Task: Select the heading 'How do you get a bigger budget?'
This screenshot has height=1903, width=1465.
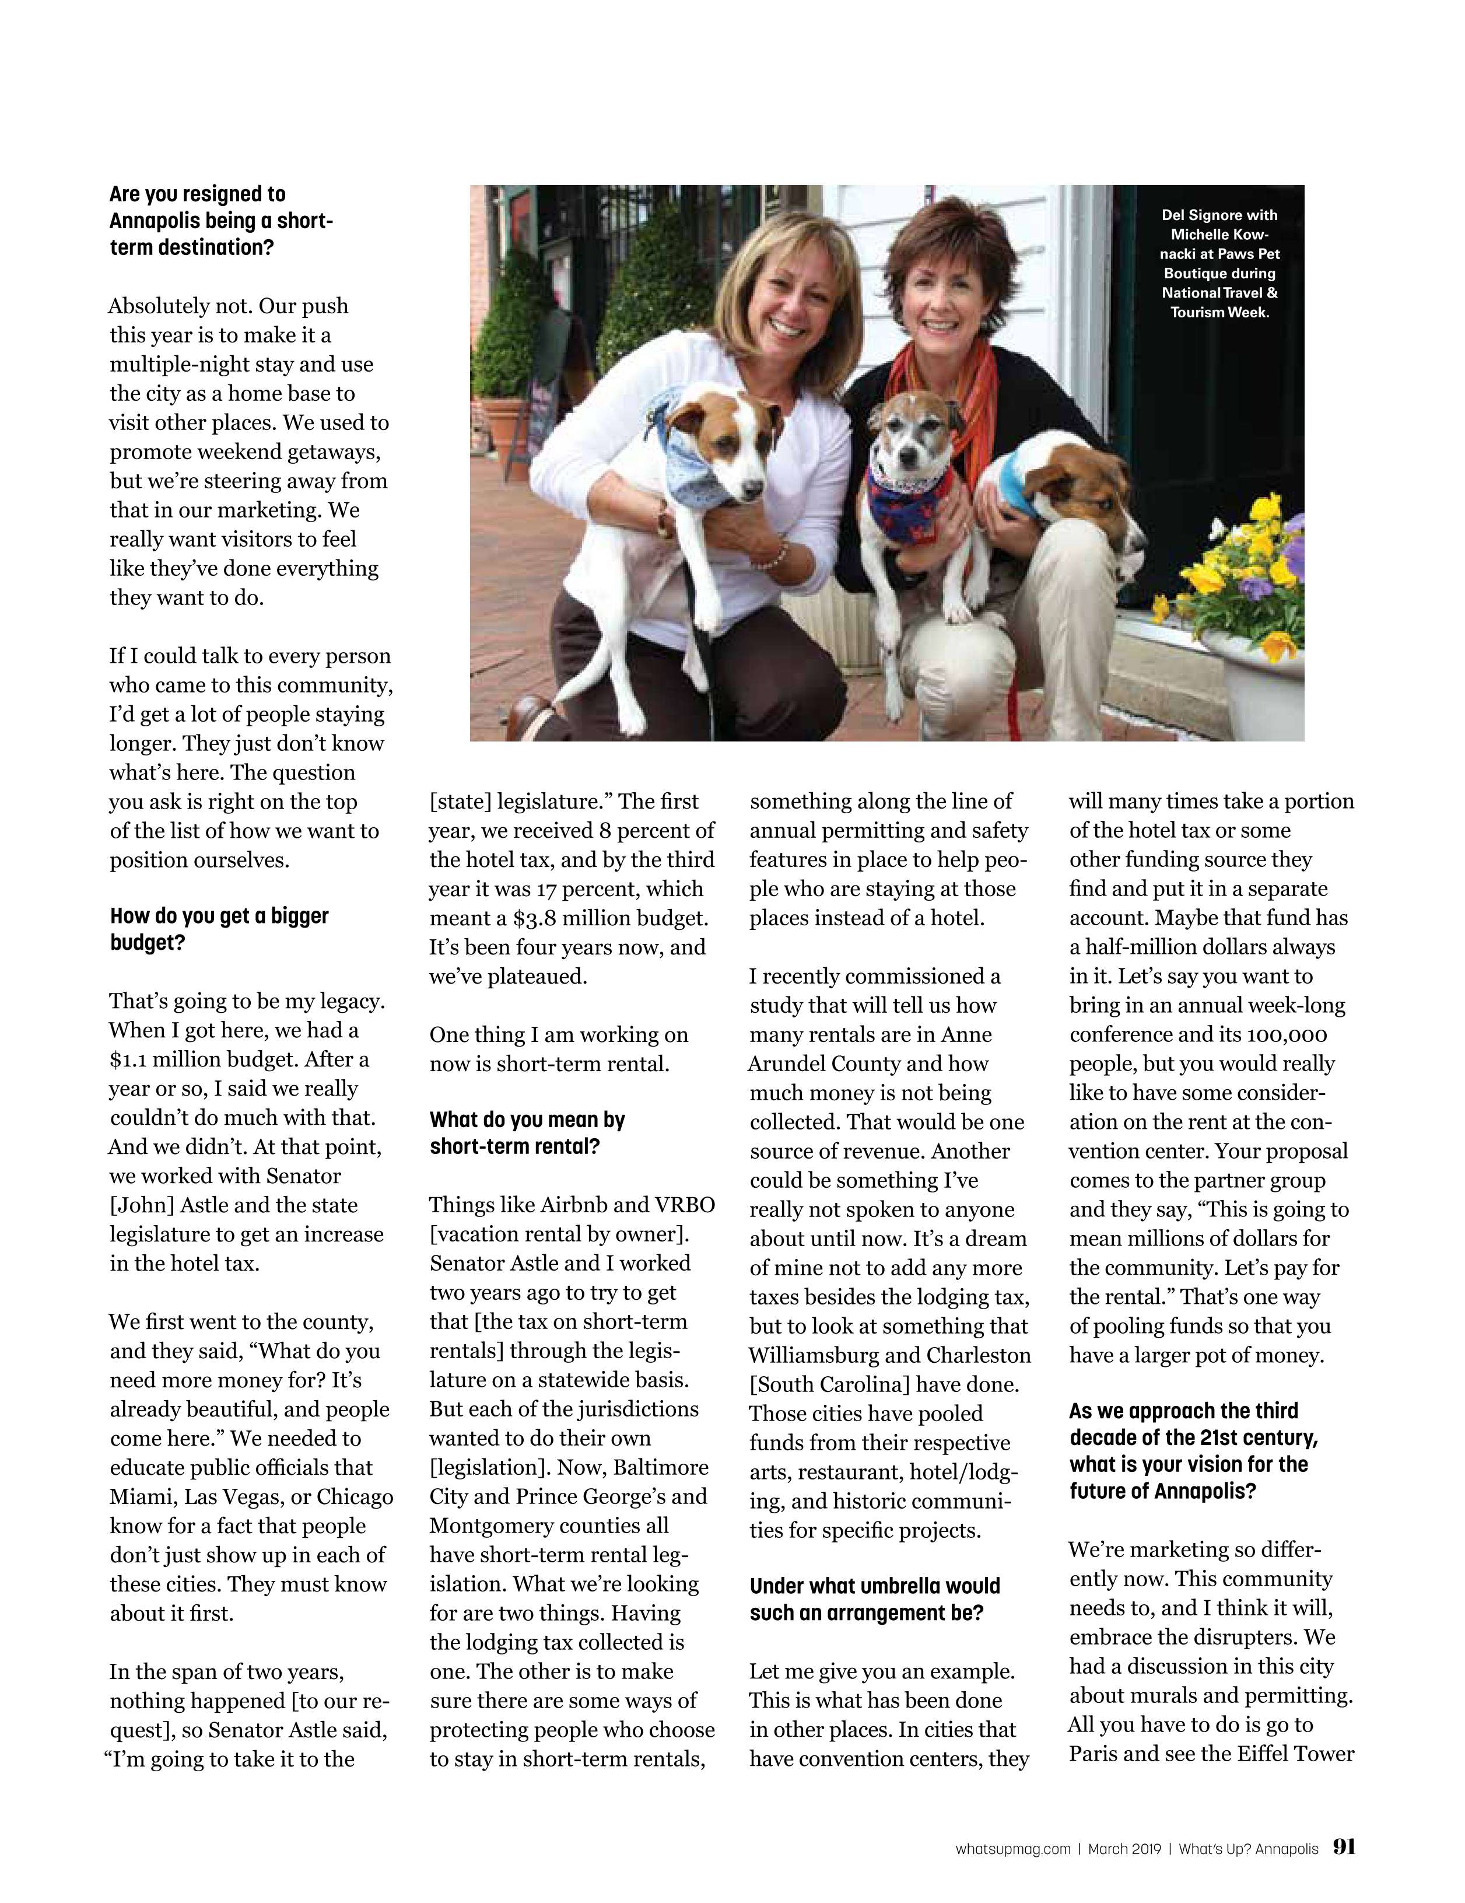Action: coord(219,929)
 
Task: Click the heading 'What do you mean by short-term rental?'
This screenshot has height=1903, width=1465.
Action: coord(527,1133)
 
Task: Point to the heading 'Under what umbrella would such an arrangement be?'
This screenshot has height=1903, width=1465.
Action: coord(874,1599)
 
